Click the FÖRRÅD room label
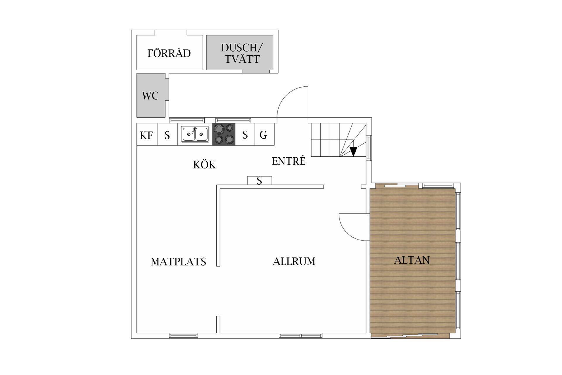[x=169, y=53]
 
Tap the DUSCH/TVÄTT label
[x=242, y=53]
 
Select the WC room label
[x=150, y=96]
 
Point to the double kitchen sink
[x=195, y=134]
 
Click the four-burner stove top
[x=224, y=134]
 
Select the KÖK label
[x=205, y=165]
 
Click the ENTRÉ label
[x=289, y=161]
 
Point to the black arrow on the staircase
[x=354, y=151]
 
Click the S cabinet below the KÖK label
[x=260, y=180]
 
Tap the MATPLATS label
[x=178, y=262]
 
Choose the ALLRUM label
[x=294, y=261]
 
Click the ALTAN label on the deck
[x=412, y=260]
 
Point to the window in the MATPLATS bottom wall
[x=184, y=336]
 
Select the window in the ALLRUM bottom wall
[x=301, y=336]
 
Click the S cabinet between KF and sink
[x=167, y=134]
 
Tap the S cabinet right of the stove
[x=245, y=134]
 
